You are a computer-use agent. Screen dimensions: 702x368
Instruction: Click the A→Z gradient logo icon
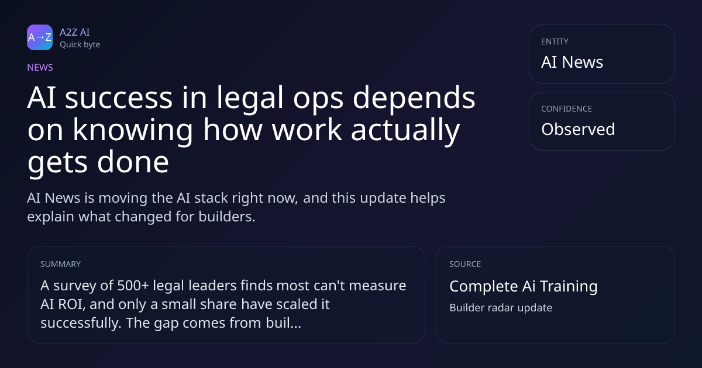pyautogui.click(x=40, y=37)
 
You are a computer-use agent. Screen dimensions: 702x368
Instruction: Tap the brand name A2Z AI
pyautogui.click(x=75, y=32)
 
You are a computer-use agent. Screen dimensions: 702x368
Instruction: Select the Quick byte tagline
pyautogui.click(x=80, y=45)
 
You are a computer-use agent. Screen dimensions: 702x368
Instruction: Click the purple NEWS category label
pyautogui.click(x=40, y=68)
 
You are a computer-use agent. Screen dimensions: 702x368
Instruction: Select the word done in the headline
pyautogui.click(x=133, y=162)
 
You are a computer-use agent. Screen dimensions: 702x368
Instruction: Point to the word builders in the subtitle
pyautogui.click(x=227, y=217)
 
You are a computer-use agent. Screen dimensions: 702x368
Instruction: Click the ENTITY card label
pyautogui.click(x=555, y=41)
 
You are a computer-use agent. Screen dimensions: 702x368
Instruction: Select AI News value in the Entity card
pyautogui.click(x=572, y=62)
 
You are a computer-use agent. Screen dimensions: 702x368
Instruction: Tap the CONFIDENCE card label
pyautogui.click(x=567, y=109)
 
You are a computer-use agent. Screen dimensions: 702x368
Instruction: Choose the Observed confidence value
pyautogui.click(x=578, y=129)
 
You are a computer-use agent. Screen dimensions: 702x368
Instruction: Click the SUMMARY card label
pyautogui.click(x=60, y=264)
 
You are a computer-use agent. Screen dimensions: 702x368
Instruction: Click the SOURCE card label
pyautogui.click(x=465, y=264)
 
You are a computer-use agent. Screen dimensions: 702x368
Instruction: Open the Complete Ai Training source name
pyautogui.click(x=524, y=286)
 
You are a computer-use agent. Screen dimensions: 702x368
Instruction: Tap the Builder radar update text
pyautogui.click(x=501, y=308)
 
